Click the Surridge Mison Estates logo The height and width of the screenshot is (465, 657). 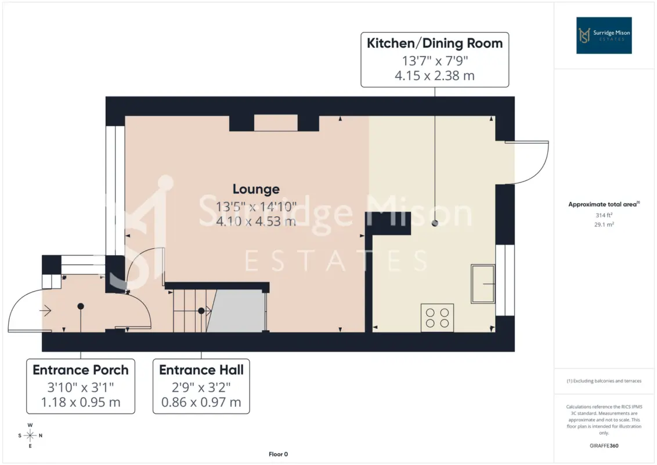point(604,35)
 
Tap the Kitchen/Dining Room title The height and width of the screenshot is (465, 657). point(435,43)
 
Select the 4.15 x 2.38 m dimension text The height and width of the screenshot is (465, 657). point(435,76)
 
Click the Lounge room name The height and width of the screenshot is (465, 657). point(256,189)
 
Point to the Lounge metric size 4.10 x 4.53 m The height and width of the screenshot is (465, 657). point(256,221)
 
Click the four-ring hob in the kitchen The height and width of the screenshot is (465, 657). point(437,318)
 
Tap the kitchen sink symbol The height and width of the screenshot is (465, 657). point(483,284)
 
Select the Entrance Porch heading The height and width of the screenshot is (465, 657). point(81,370)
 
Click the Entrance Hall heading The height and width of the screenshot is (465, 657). point(201,370)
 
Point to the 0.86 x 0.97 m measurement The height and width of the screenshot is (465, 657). point(201,402)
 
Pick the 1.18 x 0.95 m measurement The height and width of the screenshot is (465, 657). point(81,402)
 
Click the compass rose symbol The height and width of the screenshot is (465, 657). point(30,435)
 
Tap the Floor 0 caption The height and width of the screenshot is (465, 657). point(278,454)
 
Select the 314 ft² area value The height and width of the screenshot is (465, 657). point(604,215)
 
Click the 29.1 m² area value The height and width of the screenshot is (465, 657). point(604,224)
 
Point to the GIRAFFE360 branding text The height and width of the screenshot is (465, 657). point(604,446)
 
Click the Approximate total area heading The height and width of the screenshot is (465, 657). point(604,205)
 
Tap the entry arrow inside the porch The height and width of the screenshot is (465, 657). point(45,310)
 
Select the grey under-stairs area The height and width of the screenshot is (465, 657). point(236,311)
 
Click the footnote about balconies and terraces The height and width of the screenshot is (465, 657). point(604,381)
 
